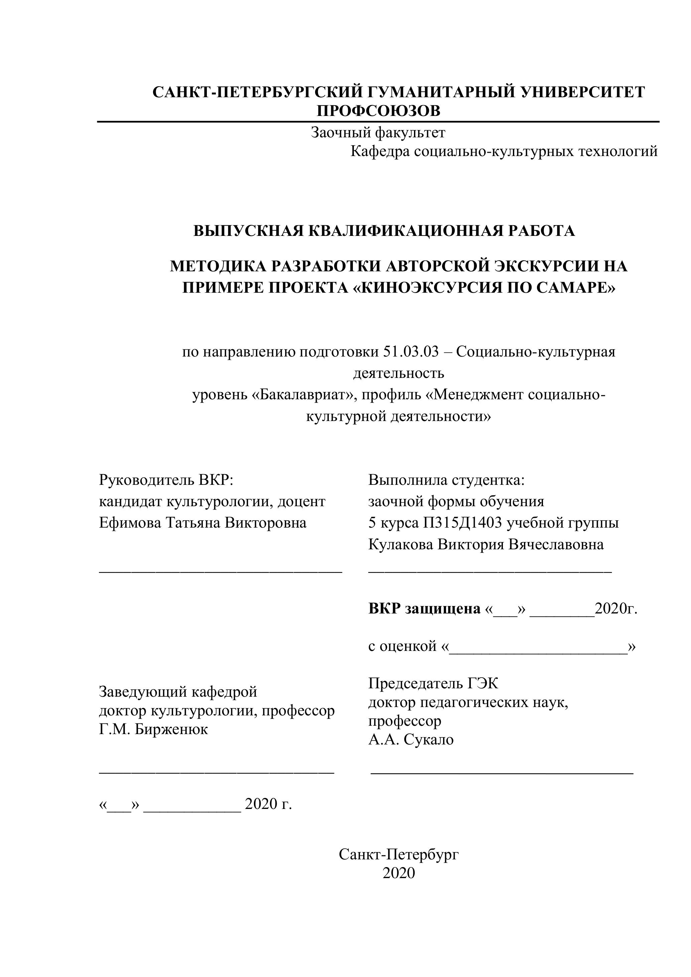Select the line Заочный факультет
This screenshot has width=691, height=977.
pyautogui.click(x=378, y=133)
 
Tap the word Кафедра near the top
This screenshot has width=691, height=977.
pyautogui.click(x=380, y=151)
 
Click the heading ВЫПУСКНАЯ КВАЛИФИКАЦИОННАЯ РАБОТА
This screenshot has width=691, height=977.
pyautogui.click(x=384, y=231)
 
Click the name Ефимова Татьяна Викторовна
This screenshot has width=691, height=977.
pyautogui.click(x=202, y=523)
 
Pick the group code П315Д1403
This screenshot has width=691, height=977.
pyautogui.click(x=462, y=523)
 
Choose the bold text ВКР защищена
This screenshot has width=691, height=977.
pyautogui.click(x=424, y=609)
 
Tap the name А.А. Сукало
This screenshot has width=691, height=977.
pyautogui.click(x=411, y=739)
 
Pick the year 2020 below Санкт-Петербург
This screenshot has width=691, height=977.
pyautogui.click(x=399, y=873)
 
